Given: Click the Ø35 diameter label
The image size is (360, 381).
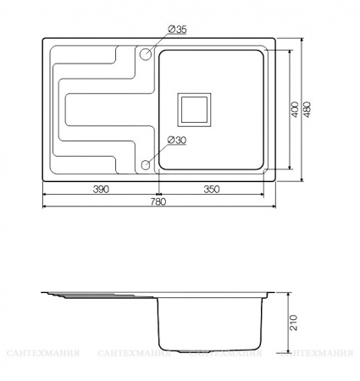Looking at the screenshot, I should [x=178, y=30].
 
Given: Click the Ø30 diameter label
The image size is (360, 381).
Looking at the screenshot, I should [x=178, y=141].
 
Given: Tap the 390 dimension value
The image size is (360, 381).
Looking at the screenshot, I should [x=101, y=189].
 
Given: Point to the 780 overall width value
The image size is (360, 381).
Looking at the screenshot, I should [x=158, y=202].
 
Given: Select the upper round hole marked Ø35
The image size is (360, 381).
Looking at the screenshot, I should [x=146, y=53].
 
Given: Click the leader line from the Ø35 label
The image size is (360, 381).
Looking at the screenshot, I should [x=159, y=41].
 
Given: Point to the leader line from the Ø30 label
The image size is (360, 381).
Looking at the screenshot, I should [x=159, y=151].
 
